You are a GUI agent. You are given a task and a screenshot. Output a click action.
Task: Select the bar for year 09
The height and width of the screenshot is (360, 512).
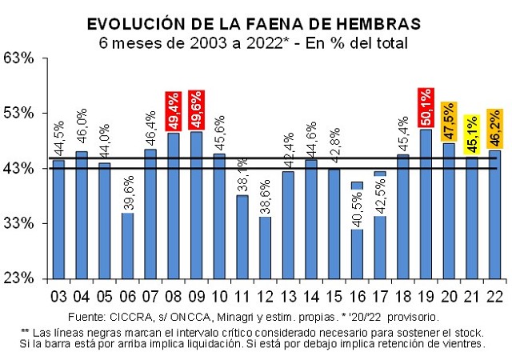pyautogui.click(x=196, y=204)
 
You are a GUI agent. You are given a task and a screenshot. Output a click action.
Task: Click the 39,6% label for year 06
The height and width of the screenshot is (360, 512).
pyautogui.click(x=127, y=192)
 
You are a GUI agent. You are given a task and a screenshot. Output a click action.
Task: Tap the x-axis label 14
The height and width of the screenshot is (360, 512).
pyautogui.click(x=310, y=297)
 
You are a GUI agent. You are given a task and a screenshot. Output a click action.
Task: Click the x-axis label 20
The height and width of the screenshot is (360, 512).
pyautogui.click(x=448, y=297)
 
